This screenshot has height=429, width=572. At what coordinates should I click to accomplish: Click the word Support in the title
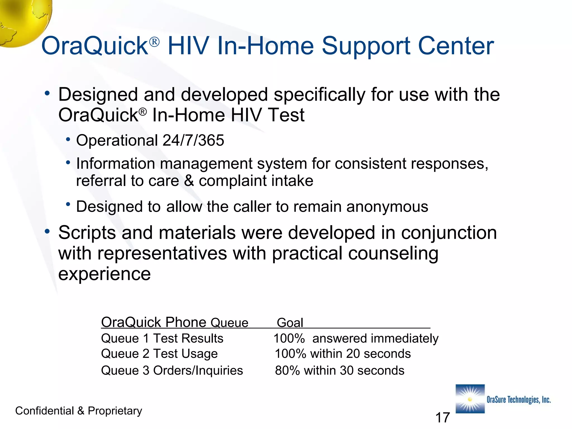click(366, 47)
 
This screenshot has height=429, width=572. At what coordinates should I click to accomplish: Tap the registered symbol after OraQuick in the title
click(154, 42)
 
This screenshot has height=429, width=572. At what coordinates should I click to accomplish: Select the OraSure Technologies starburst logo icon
click(470, 399)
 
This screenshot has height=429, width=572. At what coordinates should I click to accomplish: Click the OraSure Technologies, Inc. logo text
click(518, 400)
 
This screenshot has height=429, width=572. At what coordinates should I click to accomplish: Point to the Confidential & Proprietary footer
click(78, 411)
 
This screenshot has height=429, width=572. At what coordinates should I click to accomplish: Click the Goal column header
click(290, 323)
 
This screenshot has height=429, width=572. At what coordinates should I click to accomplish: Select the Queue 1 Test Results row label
click(162, 339)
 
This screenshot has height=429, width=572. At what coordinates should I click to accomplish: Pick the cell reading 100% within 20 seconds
click(343, 354)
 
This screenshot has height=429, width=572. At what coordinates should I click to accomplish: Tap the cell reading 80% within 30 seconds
click(339, 371)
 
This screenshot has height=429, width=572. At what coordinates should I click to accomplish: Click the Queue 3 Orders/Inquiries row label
click(172, 371)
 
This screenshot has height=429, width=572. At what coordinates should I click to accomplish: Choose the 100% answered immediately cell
click(356, 339)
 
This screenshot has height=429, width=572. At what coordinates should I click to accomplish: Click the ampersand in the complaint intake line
click(189, 181)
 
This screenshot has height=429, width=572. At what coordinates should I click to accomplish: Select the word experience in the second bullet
click(104, 274)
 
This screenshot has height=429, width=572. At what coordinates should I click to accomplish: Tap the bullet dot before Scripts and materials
click(47, 231)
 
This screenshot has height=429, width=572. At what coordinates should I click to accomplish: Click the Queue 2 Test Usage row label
click(159, 354)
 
